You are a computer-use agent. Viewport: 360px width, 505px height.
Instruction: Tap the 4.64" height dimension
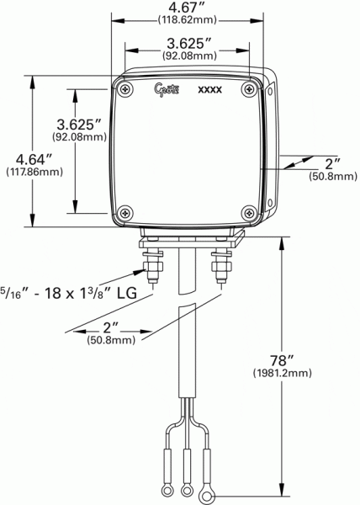[33, 157]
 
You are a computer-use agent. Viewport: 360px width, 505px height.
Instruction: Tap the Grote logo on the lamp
[165, 88]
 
